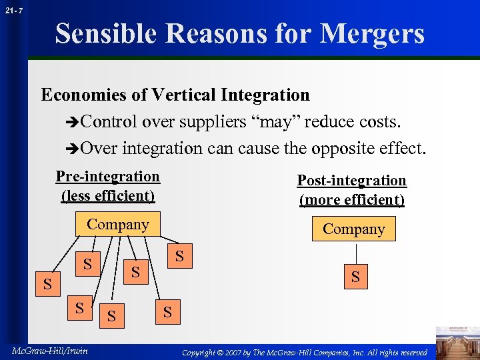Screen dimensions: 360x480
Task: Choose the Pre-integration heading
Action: point(107,177)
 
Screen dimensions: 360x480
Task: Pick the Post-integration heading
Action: point(351,181)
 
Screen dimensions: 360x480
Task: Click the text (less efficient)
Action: point(107,195)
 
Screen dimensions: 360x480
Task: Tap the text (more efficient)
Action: point(351,199)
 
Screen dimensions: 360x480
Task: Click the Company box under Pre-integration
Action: point(118,225)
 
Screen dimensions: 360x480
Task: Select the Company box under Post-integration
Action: point(353,229)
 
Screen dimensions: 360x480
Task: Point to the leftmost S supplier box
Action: point(47,285)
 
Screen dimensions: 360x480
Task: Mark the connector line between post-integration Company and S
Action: point(356,253)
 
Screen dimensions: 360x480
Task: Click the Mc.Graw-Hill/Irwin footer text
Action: point(48,351)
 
